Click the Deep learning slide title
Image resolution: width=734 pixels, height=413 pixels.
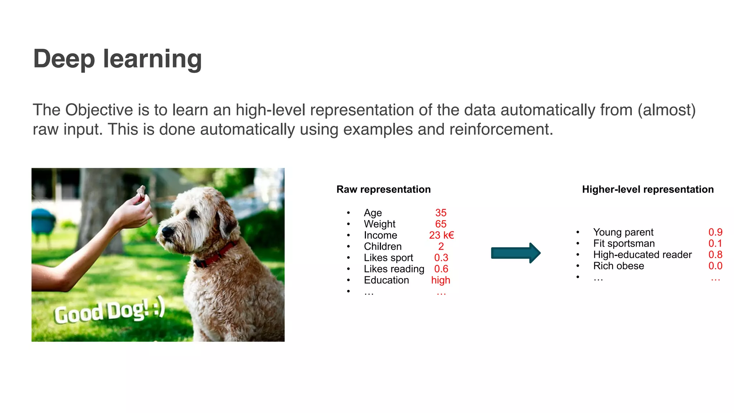point(118,59)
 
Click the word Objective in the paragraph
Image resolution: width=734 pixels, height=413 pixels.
point(99,110)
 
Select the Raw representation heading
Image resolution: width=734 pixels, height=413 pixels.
point(383,189)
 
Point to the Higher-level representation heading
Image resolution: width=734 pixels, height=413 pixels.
point(648,189)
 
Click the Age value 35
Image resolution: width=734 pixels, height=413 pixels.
point(440,213)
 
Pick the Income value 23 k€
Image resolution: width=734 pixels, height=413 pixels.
point(441,235)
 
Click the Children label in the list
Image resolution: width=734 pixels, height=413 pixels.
point(382,246)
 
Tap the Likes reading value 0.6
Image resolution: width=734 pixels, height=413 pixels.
point(441,269)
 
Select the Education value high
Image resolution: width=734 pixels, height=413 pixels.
point(440,280)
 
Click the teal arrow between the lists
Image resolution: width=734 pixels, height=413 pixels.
point(515,253)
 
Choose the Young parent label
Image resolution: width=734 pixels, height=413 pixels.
point(623,232)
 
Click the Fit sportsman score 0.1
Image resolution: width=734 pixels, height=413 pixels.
point(715,243)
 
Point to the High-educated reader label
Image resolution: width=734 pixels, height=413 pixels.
point(642,255)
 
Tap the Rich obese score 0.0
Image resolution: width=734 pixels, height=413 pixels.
point(715,266)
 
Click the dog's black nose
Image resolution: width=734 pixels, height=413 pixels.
point(166,231)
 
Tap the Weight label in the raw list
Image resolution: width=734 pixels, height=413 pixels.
point(379,224)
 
